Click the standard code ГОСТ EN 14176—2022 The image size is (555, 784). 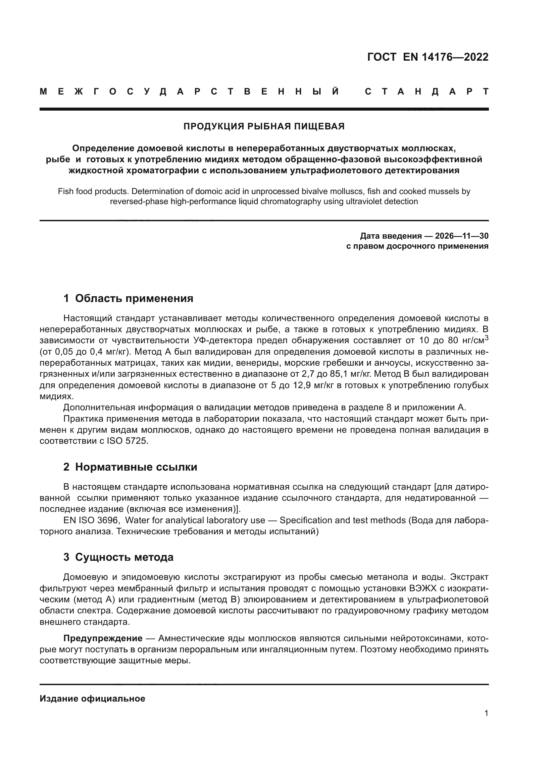(x=428, y=57)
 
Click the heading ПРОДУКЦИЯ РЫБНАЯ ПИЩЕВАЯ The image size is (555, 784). (x=264, y=126)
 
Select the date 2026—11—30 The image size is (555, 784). (x=462, y=236)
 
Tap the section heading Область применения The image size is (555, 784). (x=134, y=298)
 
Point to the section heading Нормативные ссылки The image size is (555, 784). (x=136, y=467)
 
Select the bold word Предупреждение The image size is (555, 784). (x=103, y=638)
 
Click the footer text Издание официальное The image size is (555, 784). (x=92, y=699)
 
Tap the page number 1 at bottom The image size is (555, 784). (x=486, y=713)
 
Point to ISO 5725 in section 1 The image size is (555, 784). (x=128, y=441)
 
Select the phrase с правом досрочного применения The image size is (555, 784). (x=417, y=246)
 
